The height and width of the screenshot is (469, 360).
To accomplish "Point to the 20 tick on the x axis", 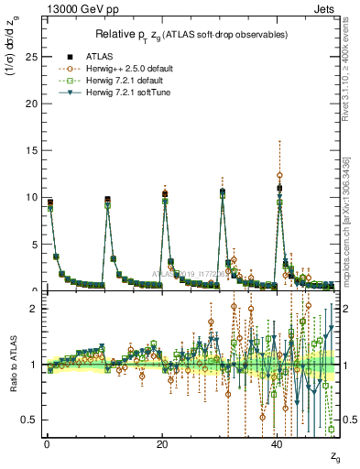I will (x=162, y=443).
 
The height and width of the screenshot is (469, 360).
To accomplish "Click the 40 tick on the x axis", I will (x=278, y=443).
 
